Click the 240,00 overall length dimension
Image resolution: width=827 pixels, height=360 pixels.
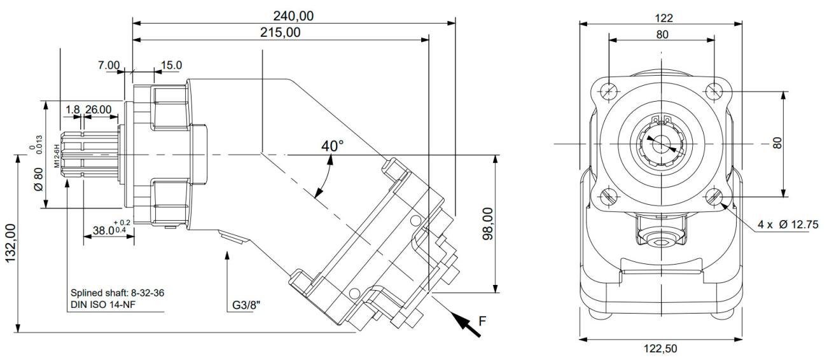[293, 16]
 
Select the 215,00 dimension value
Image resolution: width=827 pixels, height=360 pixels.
[280, 32]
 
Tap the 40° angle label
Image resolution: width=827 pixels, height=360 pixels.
[332, 146]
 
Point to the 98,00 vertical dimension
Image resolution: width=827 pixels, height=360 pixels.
[488, 224]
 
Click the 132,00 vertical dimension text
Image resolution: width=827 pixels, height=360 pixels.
[10, 243]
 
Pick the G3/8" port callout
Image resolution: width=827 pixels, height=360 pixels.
[246, 305]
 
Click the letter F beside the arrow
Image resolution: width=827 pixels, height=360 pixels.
[482, 321]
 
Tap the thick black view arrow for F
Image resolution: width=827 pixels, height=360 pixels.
[466, 324]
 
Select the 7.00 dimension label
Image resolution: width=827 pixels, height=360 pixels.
[109, 66]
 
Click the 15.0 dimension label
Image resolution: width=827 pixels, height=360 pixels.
[171, 66]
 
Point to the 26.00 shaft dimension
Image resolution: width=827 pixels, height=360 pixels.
[98, 109]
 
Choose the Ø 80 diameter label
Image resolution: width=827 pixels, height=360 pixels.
[39, 179]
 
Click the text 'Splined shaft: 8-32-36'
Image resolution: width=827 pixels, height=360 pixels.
[118, 293]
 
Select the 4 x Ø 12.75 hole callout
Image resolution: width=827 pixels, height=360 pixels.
[788, 224]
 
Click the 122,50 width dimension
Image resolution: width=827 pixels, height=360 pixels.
[660, 349]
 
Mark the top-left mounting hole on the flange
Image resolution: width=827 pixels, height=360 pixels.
[608, 91]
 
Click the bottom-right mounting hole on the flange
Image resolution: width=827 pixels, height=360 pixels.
[714, 197]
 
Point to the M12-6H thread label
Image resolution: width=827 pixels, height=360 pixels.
[57, 156]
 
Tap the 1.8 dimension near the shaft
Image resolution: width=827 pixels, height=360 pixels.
[73, 109]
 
